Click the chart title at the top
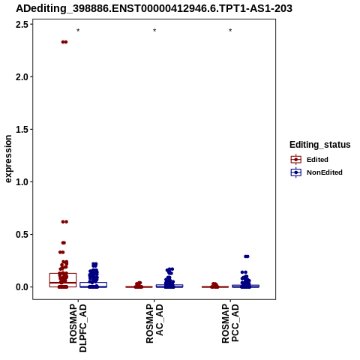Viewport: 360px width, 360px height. point(154,8)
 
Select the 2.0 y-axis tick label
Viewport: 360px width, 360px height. point(22,77)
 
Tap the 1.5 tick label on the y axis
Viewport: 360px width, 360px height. point(22,130)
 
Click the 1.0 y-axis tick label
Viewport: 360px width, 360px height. point(22,182)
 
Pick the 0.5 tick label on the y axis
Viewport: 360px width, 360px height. point(22,235)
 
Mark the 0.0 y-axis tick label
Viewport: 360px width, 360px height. point(22,287)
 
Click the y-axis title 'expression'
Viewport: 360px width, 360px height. point(8,159)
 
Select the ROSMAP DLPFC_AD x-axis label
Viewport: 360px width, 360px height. point(78,328)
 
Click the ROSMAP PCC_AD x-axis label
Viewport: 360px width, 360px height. point(230,323)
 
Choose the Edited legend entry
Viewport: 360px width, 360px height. point(309,160)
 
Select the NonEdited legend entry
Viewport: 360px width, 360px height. point(316,172)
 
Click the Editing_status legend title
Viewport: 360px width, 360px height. point(320,145)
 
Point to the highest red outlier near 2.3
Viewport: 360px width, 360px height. point(64,42)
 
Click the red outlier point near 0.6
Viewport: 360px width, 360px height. point(64,222)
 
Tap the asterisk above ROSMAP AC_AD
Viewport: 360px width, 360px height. point(154,31)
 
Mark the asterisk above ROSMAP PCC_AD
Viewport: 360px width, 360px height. point(230,31)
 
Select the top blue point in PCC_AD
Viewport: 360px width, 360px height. point(247,256)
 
